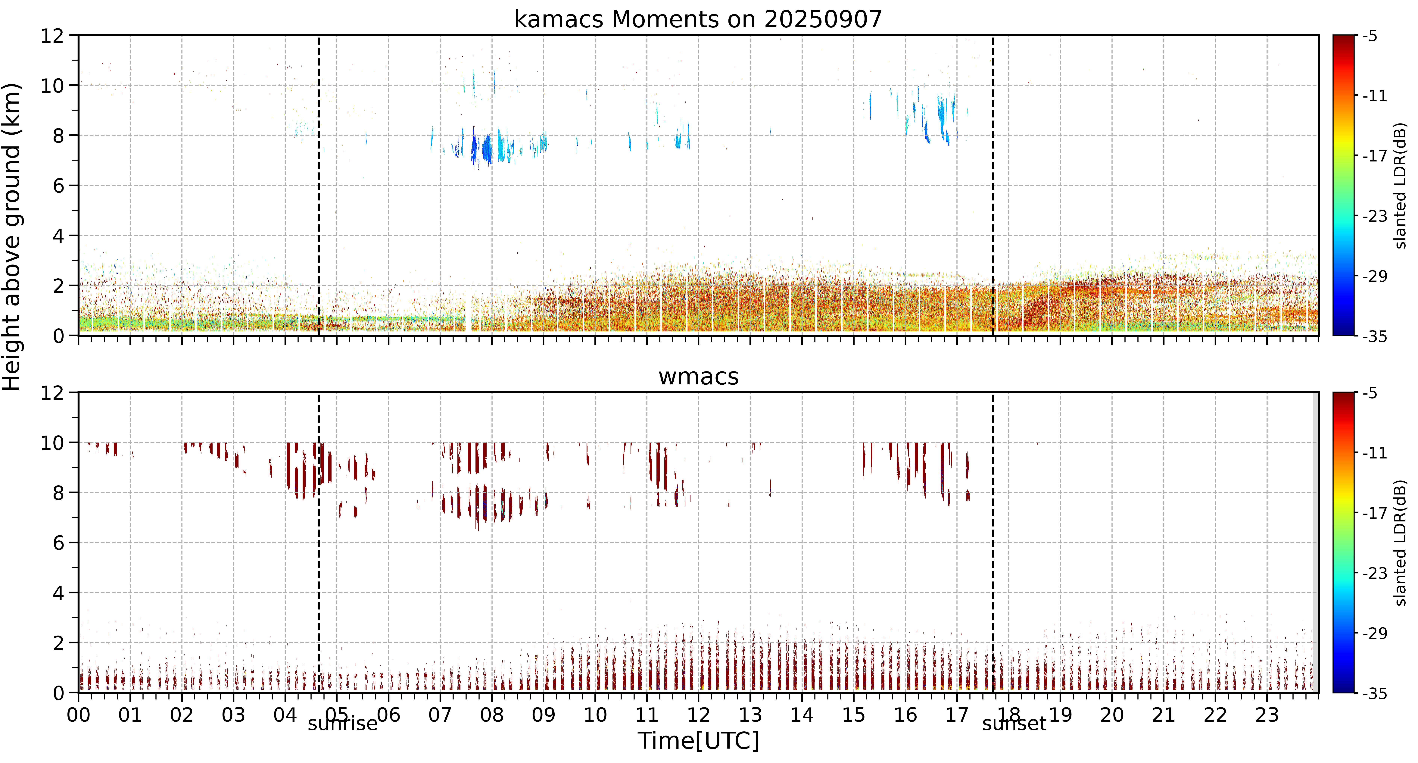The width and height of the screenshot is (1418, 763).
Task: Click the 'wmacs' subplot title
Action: coord(699,377)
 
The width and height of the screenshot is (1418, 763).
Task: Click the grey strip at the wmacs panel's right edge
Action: coord(1316,542)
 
